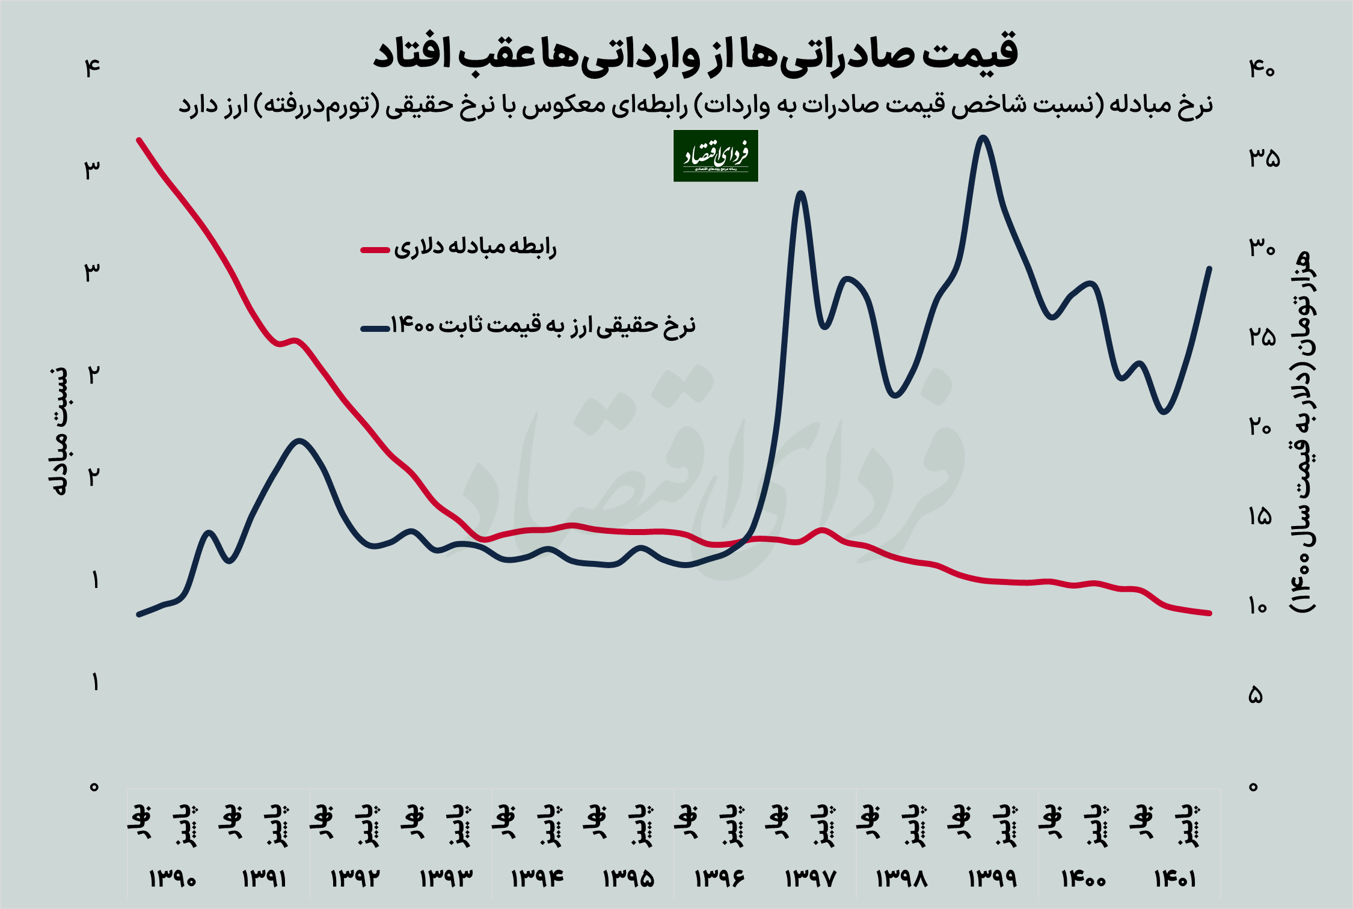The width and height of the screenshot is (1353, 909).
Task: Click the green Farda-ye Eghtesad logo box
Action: point(716,156)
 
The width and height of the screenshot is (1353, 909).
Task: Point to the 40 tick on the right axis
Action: point(1262,70)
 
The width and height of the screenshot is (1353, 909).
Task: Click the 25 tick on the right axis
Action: point(1262,337)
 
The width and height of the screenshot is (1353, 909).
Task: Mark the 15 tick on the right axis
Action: point(1260,516)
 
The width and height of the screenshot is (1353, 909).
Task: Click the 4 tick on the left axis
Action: point(92,69)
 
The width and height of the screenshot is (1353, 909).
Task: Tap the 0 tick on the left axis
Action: point(94,786)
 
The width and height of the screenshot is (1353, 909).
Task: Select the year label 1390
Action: point(173,879)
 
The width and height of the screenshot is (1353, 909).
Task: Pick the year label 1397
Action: point(810,879)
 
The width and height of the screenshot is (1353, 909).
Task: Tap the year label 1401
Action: point(1174,879)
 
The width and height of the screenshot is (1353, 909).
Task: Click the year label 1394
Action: point(537,879)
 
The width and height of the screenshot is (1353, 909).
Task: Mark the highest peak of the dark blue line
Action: point(983,138)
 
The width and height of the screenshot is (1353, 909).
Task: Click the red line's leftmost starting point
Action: point(139,140)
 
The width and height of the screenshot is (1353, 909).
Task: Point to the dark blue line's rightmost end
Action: point(1209,268)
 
